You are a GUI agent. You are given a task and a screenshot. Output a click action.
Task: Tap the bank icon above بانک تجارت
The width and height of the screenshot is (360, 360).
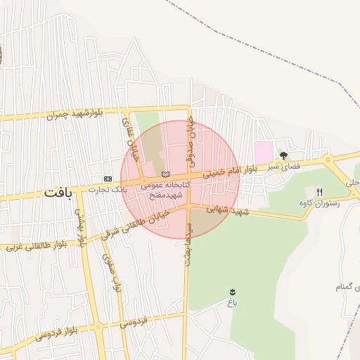tap(108, 179)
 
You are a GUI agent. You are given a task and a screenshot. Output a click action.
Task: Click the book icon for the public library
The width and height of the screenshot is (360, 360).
tap(165, 174)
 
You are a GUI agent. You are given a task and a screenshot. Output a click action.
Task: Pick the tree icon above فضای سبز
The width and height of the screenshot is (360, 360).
tap(283, 155)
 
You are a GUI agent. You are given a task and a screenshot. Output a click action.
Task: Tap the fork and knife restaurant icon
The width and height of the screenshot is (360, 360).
tap(320, 192)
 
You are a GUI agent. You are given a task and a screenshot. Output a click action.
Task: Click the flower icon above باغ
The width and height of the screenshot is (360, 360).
tap(232, 291)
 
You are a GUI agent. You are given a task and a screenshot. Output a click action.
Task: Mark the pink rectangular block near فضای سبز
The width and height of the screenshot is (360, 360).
tap(264, 151)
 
